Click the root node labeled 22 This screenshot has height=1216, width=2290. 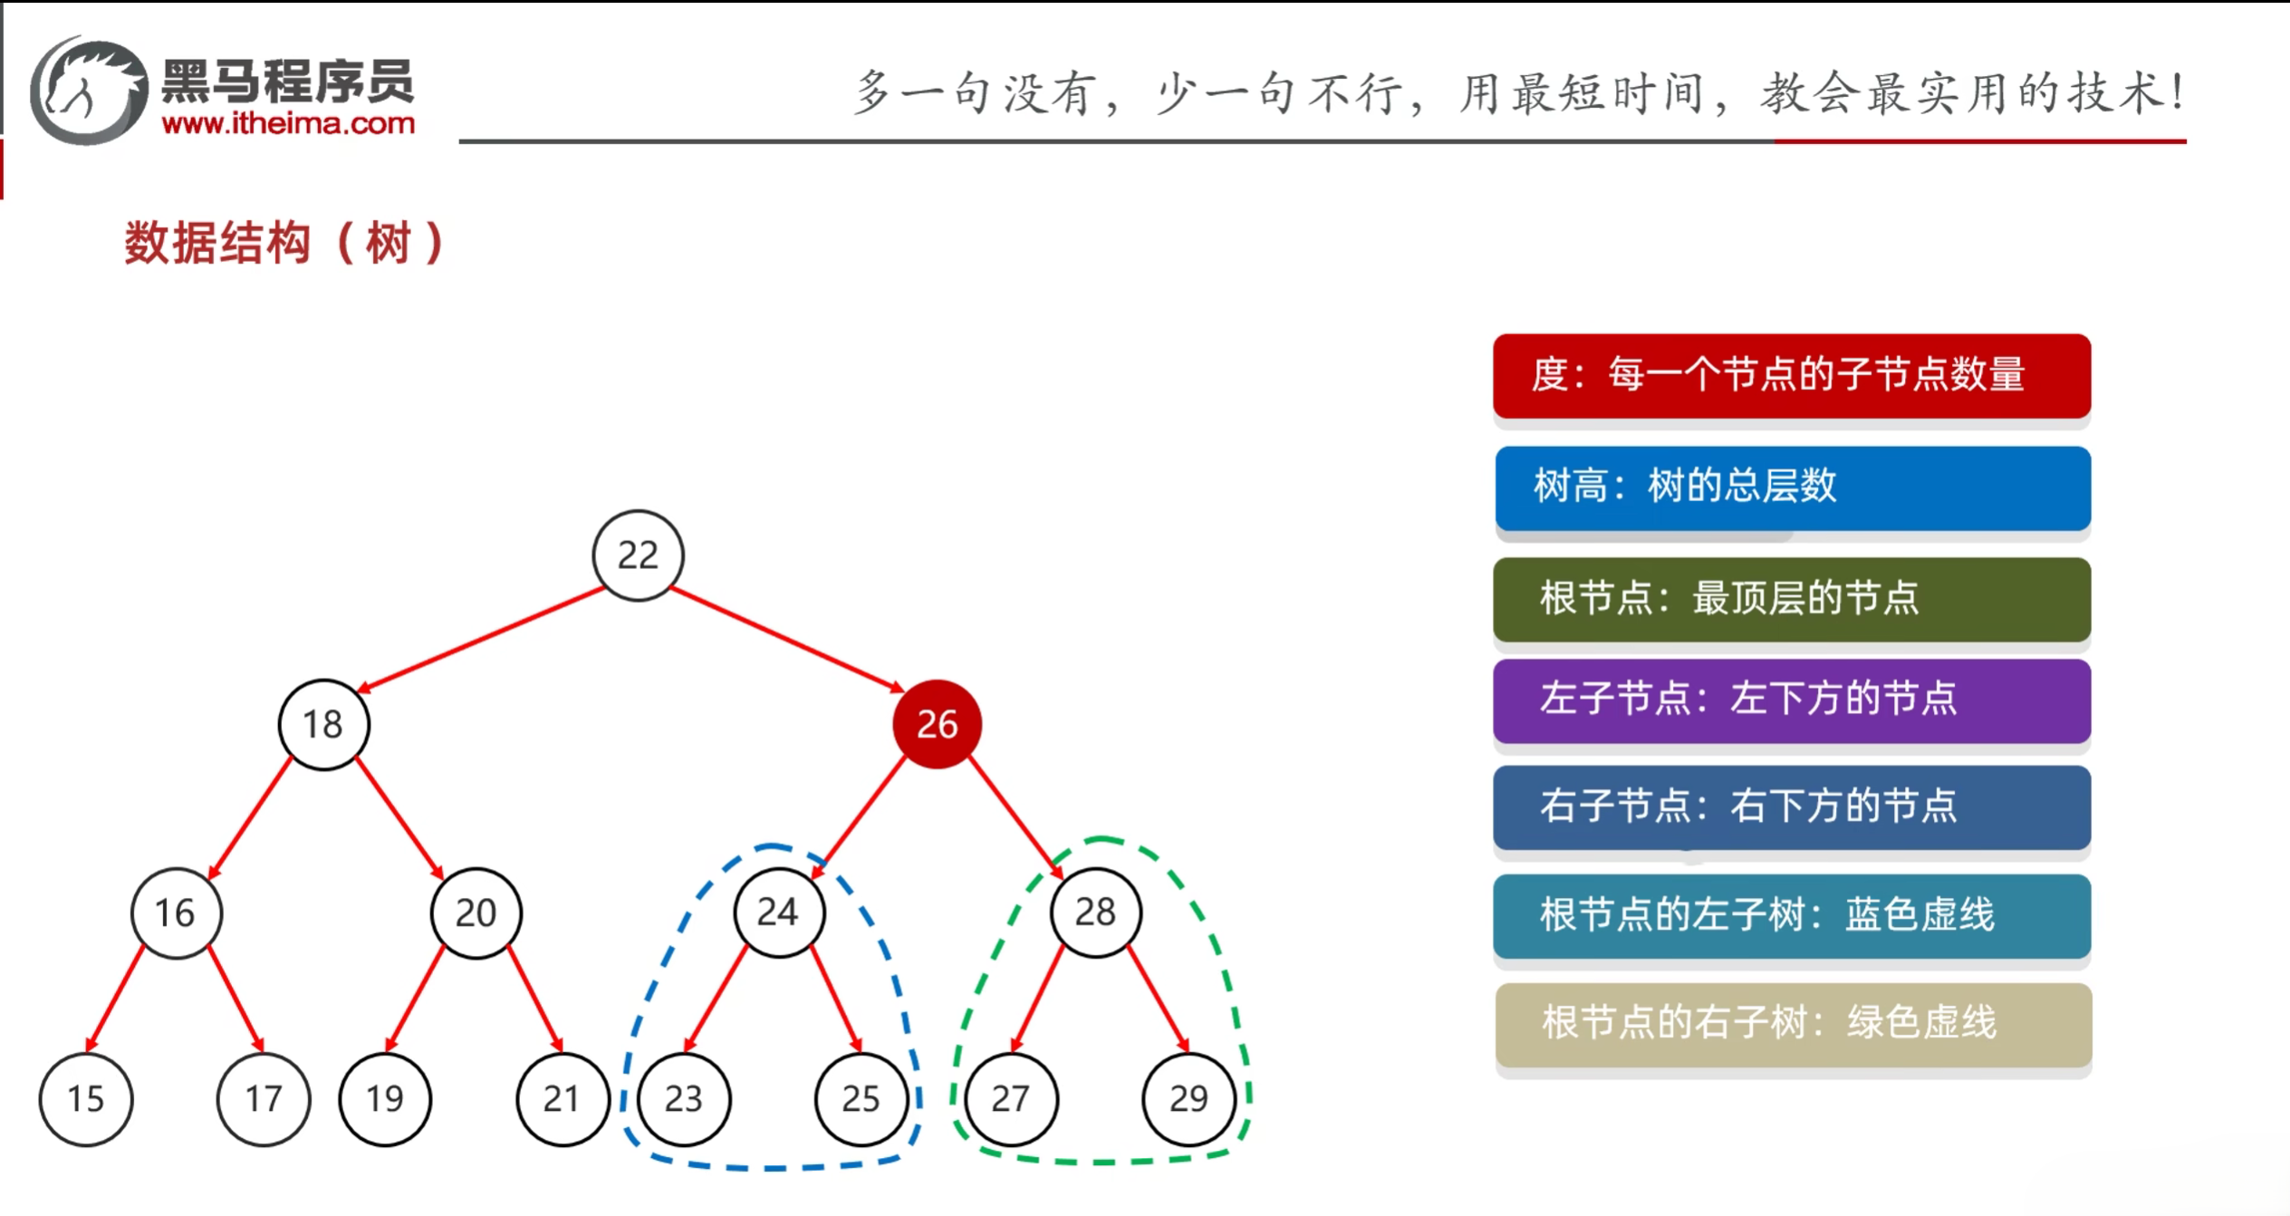tap(638, 555)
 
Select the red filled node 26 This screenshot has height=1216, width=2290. tap(937, 724)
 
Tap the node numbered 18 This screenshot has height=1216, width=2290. tap(323, 724)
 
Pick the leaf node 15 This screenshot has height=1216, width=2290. tap(86, 1099)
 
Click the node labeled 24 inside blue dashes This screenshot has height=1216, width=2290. tap(778, 912)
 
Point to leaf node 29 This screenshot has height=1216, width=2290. tap(1188, 1099)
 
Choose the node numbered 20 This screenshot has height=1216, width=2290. tap(476, 912)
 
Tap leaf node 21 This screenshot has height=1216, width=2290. tap(562, 1099)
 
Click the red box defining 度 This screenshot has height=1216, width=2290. tap(1791, 375)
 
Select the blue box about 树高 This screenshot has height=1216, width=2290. tap(1791, 487)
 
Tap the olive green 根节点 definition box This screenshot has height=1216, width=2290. tap(1791, 599)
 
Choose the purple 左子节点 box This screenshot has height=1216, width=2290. tap(1791, 700)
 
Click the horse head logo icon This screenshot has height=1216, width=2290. tap(88, 91)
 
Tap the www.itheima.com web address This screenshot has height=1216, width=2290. tap(288, 123)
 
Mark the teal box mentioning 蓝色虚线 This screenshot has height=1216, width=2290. tap(1791, 915)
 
